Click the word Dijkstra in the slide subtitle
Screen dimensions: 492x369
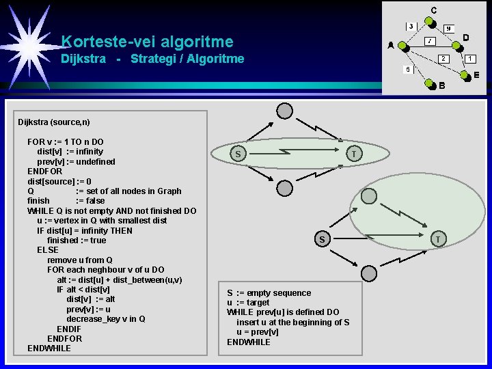83,59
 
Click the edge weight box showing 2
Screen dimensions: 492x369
443,59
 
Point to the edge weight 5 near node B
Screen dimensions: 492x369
408,70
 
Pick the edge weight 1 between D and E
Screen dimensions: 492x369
471,59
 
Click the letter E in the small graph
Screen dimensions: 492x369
476,74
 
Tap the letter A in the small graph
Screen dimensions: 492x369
390,46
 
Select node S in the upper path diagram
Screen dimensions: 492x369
237,154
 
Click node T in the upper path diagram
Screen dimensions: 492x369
353,154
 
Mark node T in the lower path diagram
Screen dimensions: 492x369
438,238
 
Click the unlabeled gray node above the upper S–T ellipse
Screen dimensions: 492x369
285,111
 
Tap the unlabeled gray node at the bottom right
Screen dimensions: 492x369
368,273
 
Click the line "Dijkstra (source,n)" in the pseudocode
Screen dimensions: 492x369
53,122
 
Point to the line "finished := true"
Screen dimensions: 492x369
77,241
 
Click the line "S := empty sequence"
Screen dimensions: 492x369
269,293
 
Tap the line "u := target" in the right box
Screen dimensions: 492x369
248,303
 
